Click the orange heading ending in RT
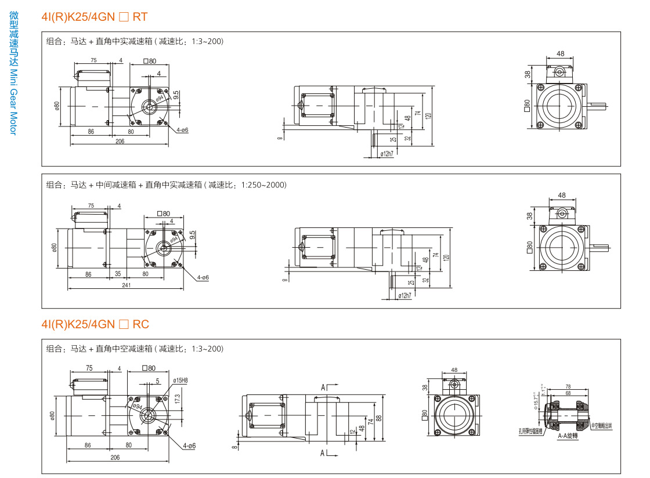point(95,17)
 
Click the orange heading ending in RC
point(95,324)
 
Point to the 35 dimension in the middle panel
point(118,273)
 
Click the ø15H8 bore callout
point(180,381)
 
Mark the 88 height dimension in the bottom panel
point(378,418)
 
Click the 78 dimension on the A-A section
point(568,386)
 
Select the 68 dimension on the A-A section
point(568,393)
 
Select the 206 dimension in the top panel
point(120,141)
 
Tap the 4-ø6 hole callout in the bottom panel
point(189,446)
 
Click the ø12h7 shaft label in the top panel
point(387,154)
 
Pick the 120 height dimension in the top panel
point(428,115)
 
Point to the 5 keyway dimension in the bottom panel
point(157,381)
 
